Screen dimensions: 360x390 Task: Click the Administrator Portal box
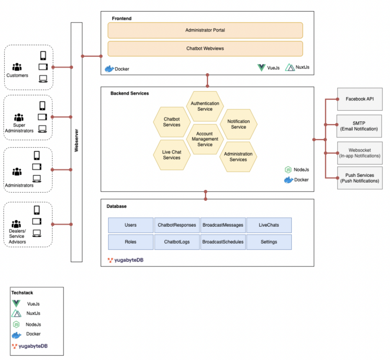205,30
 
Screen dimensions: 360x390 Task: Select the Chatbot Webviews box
205,48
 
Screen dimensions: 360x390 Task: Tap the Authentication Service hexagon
205,106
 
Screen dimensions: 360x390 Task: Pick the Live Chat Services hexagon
171,155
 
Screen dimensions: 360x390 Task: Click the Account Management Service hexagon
205,139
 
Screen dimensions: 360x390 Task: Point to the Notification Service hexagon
238,124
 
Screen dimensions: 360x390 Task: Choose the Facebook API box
360,99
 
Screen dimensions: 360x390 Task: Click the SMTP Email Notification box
359,126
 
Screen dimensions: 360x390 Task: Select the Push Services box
360,178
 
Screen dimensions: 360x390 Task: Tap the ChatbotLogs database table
177,242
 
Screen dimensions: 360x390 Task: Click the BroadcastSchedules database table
223,242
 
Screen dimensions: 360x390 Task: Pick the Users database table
131,225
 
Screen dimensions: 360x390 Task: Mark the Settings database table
269,242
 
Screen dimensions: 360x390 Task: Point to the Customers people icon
17,67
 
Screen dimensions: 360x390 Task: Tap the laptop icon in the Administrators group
37,178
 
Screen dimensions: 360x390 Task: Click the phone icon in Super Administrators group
42,106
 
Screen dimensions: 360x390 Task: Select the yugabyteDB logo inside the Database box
125,260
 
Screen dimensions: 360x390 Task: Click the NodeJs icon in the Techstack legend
16,325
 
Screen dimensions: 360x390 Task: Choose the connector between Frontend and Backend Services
207,81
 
